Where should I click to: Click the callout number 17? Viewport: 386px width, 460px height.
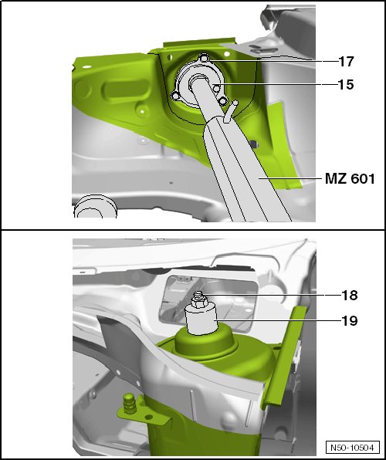(346, 61)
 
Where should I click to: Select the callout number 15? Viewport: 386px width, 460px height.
(346, 84)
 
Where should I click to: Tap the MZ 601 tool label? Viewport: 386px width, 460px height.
(350, 178)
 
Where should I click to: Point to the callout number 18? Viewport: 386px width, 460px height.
(349, 295)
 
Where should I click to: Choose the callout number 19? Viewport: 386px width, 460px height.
(349, 320)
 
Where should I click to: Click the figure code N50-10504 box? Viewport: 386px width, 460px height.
(352, 448)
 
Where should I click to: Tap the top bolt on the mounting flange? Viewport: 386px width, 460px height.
(205, 58)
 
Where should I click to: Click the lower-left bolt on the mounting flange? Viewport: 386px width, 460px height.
(175, 96)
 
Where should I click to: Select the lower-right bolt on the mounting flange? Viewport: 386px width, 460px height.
(223, 101)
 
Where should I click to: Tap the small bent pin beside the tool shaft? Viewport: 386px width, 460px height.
(230, 111)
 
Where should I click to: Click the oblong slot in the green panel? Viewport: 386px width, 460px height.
(125, 88)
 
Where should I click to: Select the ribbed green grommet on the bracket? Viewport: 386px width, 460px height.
(130, 404)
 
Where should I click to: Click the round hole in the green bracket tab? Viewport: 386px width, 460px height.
(149, 417)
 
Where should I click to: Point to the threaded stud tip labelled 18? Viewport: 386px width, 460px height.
(198, 294)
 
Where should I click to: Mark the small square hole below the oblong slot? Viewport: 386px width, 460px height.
(142, 111)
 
